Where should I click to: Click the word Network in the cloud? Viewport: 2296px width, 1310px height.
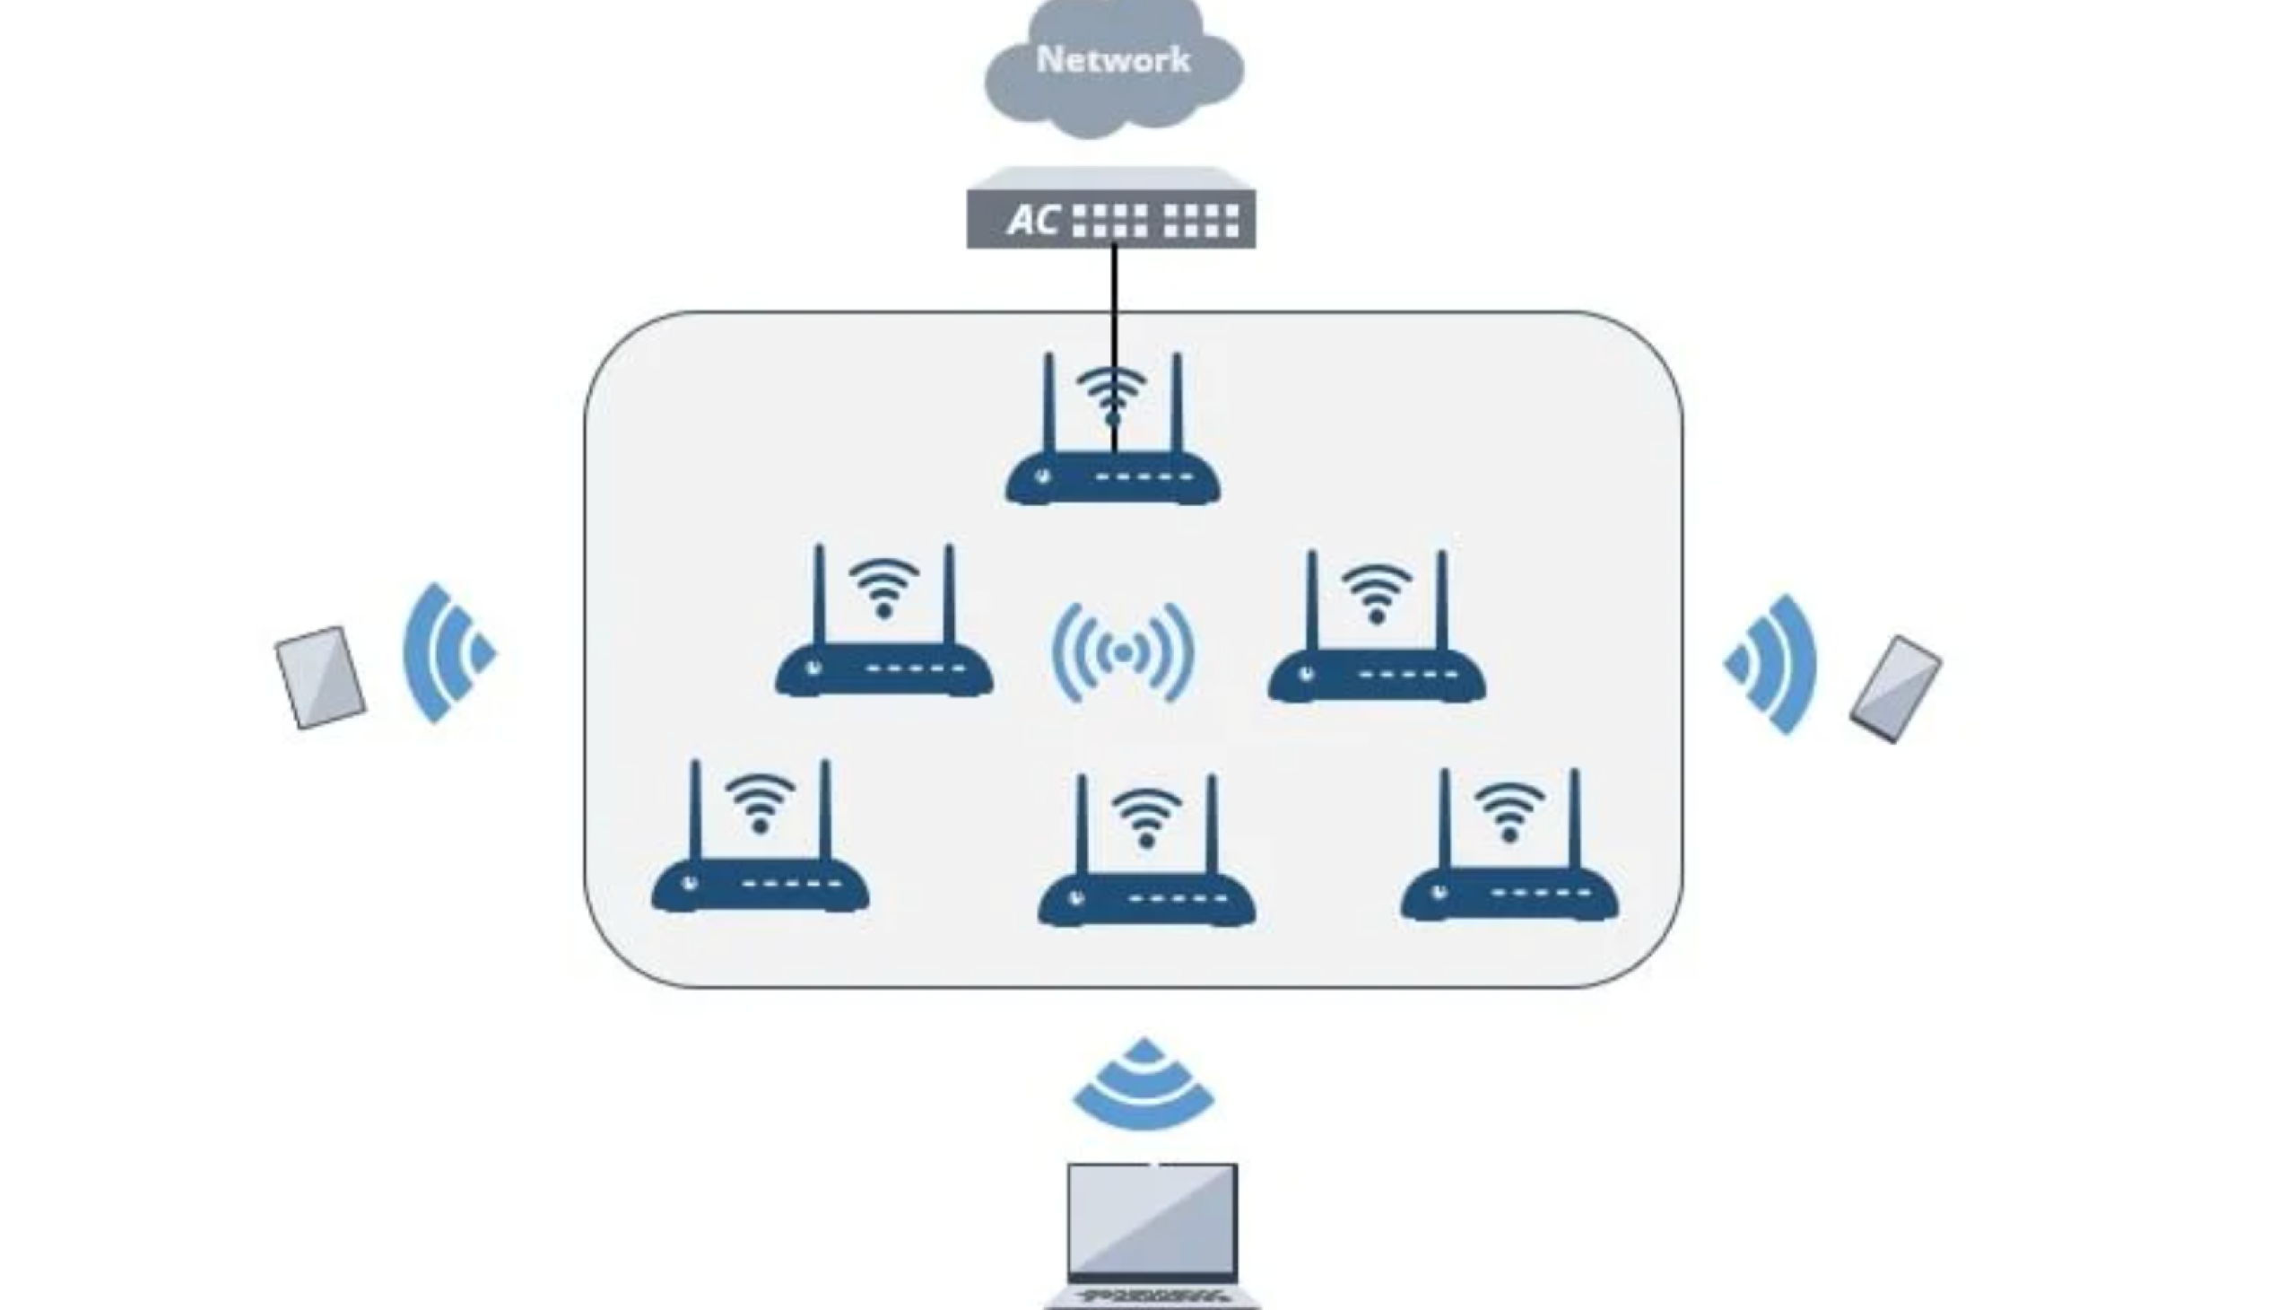1112,59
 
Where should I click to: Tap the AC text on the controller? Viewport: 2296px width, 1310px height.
1031,220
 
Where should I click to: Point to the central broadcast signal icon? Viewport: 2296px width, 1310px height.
1122,653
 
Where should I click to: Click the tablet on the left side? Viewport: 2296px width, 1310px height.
320,677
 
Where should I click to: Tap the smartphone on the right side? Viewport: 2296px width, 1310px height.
1895,689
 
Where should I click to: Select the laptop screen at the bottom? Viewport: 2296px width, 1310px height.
1152,1219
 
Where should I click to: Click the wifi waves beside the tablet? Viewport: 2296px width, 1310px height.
445,653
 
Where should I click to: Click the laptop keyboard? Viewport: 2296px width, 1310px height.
1153,1297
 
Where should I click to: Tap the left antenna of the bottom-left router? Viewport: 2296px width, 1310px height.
694,809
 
